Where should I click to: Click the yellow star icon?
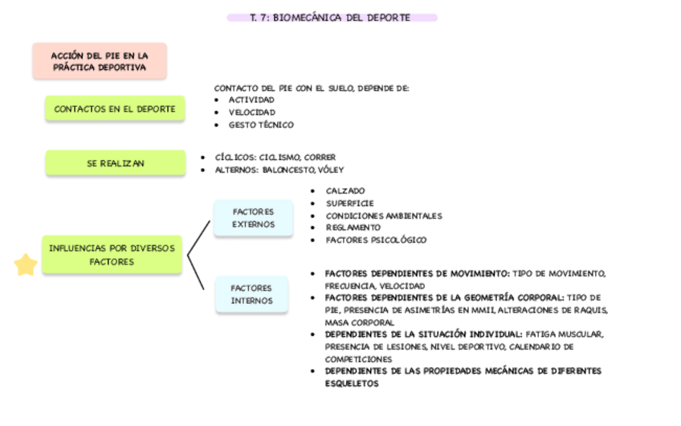pos(26,264)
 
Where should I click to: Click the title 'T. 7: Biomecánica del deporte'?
pos(331,18)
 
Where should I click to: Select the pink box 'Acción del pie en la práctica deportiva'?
pos(99,61)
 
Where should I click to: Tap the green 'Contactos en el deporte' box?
pos(114,109)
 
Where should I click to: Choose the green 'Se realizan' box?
pos(116,163)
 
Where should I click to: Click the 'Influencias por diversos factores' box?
pos(112,255)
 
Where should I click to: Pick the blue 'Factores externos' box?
pos(253,218)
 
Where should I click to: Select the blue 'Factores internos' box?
pos(251,294)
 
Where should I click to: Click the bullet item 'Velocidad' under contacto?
pos(251,113)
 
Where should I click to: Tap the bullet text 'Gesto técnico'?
pos(261,125)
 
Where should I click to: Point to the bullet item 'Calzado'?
pos(345,191)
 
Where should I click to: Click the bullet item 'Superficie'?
pos(349,203)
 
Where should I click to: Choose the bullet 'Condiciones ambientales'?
pos(384,216)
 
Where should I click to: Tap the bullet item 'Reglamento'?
pos(353,227)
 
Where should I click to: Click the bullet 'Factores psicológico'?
pos(376,240)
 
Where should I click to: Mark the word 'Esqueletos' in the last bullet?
pos(351,384)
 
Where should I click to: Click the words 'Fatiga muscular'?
pos(565,334)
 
